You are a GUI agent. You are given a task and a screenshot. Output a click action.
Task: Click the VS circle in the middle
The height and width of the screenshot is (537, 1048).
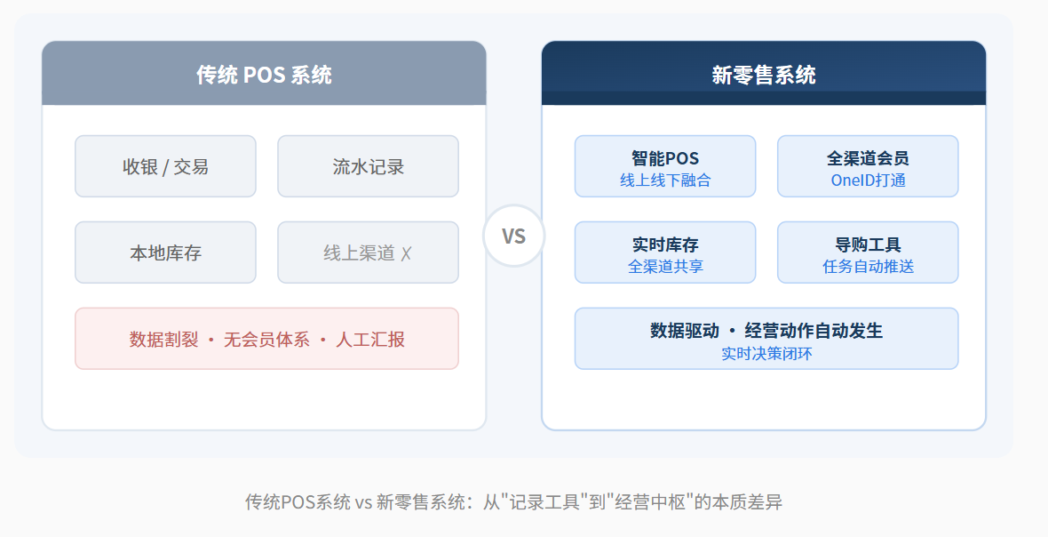(513, 236)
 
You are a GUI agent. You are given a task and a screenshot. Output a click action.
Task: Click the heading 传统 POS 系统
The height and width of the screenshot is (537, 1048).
(264, 75)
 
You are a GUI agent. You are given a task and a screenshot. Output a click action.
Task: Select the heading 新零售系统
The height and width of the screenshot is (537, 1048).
(763, 75)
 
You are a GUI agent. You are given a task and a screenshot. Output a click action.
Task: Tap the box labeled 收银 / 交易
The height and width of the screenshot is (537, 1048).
(165, 166)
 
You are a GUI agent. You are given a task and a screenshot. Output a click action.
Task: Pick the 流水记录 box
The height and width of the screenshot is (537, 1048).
(369, 166)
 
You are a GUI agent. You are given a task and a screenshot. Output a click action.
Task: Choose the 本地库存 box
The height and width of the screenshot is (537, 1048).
(165, 252)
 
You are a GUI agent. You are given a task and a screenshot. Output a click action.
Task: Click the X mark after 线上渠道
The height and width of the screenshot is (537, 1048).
(407, 253)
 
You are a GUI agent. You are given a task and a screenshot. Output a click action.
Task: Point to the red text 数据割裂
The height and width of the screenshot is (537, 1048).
(163, 339)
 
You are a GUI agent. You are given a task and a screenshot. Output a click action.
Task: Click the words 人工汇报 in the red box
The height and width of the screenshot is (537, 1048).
(370, 339)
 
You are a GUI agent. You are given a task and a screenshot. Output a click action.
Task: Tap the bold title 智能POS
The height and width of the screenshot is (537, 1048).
(665, 158)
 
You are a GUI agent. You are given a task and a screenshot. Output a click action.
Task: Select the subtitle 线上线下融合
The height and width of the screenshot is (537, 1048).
(665, 180)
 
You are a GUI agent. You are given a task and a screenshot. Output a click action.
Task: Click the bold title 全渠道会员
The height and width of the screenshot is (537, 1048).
(868, 158)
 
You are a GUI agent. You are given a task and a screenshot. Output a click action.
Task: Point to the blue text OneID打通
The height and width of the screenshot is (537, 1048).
(868, 180)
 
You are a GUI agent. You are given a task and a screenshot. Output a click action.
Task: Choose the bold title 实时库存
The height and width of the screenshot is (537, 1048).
(665, 244)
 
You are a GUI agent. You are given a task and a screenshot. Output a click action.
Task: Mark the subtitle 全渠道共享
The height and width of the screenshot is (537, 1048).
(665, 266)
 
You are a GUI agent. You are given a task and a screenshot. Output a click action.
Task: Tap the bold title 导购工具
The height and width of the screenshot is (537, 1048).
(868, 244)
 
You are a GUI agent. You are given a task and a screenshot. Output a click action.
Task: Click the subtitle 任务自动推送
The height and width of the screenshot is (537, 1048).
(868, 266)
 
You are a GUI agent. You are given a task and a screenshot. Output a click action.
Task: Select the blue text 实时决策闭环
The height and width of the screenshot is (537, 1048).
(766, 353)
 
